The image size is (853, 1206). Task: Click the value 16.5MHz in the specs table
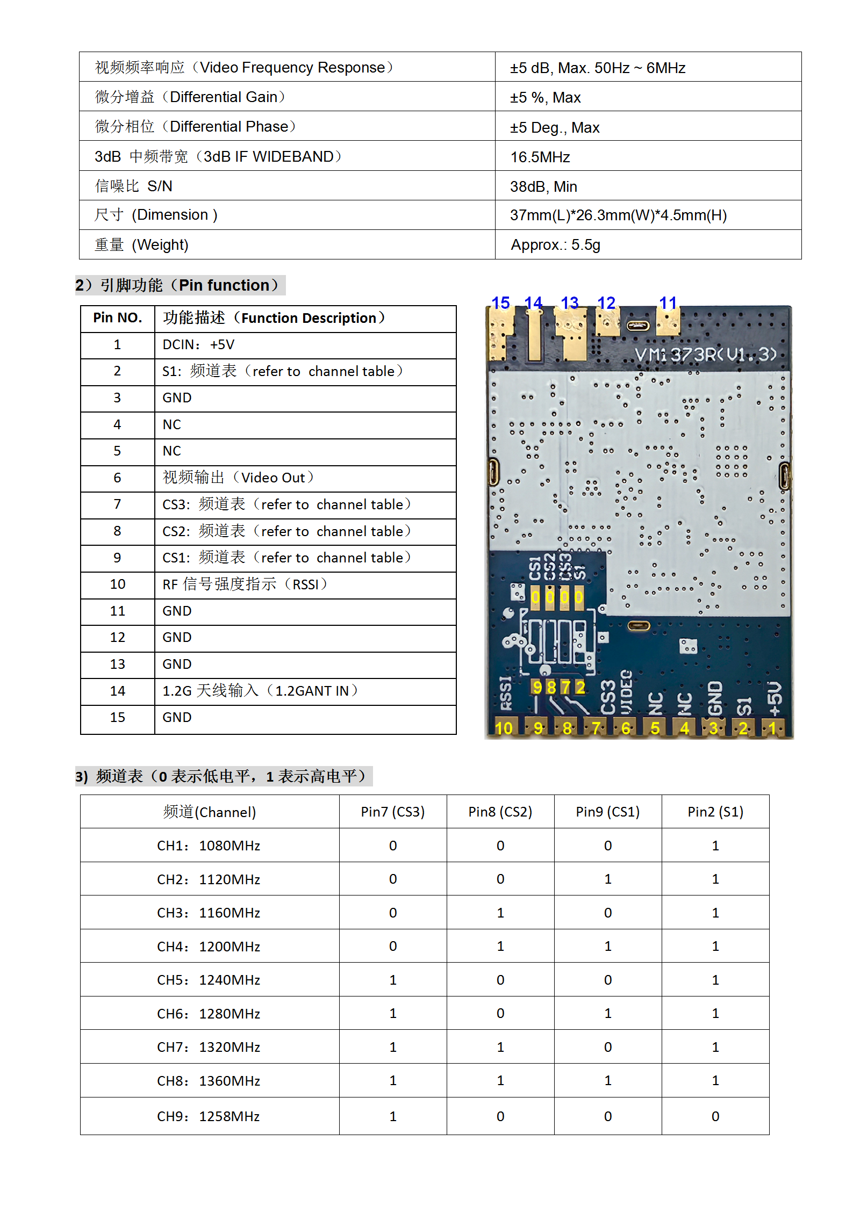(x=540, y=157)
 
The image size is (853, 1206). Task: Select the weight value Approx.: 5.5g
(x=555, y=245)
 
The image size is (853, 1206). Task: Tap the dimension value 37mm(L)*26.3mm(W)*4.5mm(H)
(x=618, y=215)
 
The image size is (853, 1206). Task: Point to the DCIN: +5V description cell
(x=198, y=345)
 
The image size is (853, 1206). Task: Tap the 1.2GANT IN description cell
(x=260, y=691)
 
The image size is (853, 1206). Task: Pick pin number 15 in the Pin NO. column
(x=117, y=718)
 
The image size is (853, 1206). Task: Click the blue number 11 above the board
(x=668, y=303)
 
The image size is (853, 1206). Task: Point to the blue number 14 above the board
(x=533, y=303)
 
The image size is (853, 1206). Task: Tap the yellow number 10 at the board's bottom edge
(x=503, y=728)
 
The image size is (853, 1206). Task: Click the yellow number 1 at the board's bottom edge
(x=772, y=728)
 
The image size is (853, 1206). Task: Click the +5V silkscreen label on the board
(x=774, y=699)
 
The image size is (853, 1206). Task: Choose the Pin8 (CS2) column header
(x=500, y=812)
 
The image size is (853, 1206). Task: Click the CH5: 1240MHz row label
(x=209, y=980)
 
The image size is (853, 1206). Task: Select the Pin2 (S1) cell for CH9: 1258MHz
(x=715, y=1117)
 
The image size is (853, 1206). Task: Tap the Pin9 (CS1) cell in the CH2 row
(x=607, y=879)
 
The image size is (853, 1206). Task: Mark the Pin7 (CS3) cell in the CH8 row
(x=393, y=1081)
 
